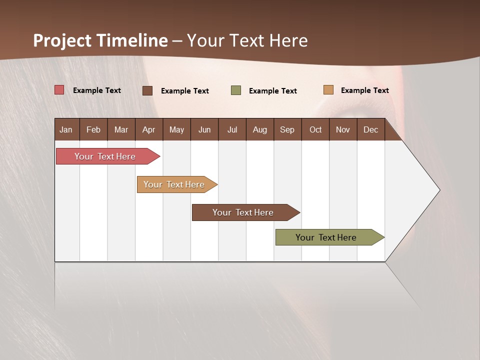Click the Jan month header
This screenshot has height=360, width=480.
(66, 129)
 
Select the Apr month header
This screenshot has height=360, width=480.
(148, 129)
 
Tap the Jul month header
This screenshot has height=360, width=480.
(232, 129)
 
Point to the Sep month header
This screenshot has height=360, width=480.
(287, 129)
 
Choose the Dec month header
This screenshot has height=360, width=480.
(370, 129)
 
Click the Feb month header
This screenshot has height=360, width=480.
(93, 129)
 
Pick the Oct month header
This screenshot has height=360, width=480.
(315, 129)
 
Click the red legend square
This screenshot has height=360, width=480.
(59, 90)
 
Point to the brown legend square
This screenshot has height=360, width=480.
(147, 90)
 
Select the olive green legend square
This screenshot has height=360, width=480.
(236, 90)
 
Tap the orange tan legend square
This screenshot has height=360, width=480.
(328, 90)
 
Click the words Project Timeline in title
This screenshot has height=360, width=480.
(100, 40)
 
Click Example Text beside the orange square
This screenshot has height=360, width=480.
(364, 90)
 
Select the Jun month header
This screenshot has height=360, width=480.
(204, 129)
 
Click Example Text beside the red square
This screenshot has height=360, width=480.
(97, 90)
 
